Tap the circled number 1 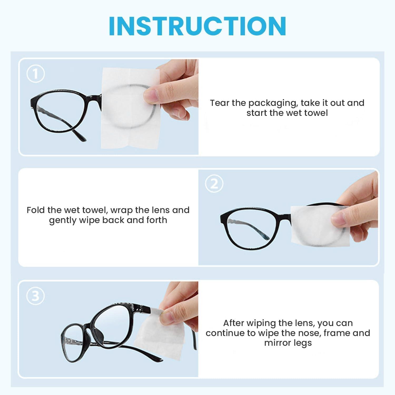pos(36,74)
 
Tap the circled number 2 pos(214,184)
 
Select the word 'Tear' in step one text pos(220,103)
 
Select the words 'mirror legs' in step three pos(288,343)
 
